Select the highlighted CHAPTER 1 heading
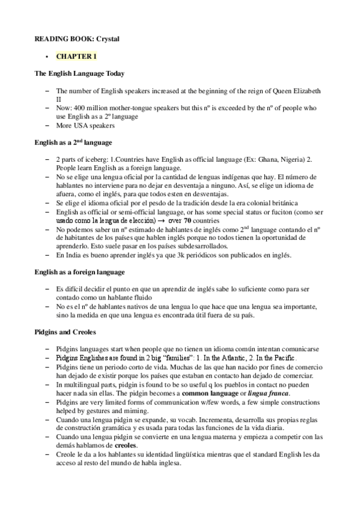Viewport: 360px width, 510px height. pos(76,57)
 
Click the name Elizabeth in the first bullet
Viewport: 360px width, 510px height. pos(306,91)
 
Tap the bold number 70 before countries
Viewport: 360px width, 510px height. pos(188,221)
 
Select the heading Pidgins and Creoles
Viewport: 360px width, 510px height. pos(64,332)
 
